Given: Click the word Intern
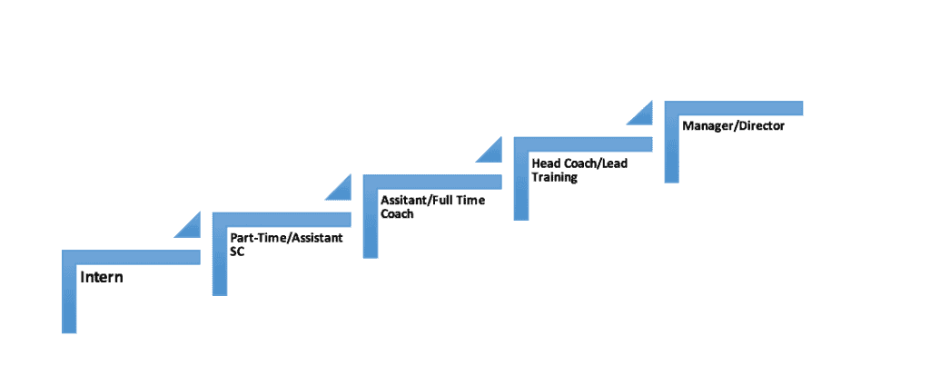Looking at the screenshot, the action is (x=102, y=277).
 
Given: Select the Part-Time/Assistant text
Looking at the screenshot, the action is (x=286, y=239).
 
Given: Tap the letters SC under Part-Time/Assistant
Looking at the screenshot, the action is (x=237, y=252).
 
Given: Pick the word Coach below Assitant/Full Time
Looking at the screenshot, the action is (x=397, y=213).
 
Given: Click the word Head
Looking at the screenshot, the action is (x=544, y=163).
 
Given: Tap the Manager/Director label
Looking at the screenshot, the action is (x=733, y=126).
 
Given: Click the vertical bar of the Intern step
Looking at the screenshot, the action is (x=69, y=291).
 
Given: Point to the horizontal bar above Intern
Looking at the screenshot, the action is (x=131, y=257).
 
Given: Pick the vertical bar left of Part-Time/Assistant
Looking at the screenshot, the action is (x=220, y=253).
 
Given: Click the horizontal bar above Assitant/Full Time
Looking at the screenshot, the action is (x=432, y=182).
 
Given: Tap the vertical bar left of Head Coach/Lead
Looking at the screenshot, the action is (x=521, y=179).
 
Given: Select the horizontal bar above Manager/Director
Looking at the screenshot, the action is (x=734, y=108).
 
